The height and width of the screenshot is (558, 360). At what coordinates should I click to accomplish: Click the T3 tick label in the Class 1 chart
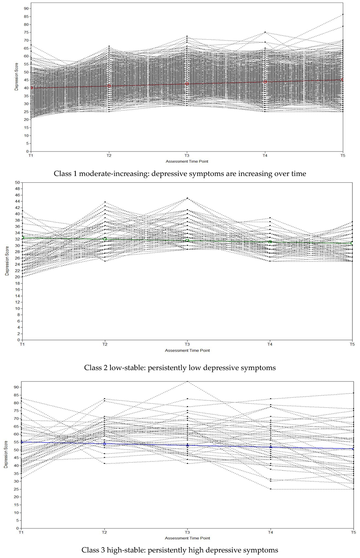tap(187, 156)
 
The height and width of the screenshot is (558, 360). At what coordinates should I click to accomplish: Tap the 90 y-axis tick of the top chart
tap(26, 8)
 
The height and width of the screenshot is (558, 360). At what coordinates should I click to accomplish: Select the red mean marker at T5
tap(342, 80)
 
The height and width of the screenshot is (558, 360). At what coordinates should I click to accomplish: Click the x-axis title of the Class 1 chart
tap(187, 161)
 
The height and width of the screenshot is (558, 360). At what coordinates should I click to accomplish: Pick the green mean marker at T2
tap(105, 239)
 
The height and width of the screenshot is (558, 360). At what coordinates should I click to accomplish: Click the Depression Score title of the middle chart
tap(7, 261)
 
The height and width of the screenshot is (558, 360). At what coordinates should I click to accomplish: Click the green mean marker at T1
tap(23, 238)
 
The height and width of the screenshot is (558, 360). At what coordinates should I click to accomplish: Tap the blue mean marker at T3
tap(187, 445)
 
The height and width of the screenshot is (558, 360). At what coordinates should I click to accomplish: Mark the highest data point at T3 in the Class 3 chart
tap(187, 381)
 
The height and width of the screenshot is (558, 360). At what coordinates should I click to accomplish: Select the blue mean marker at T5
tap(353, 449)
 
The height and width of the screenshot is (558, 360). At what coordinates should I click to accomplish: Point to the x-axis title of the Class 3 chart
tap(187, 538)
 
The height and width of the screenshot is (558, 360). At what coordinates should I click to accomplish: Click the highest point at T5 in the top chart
tap(343, 15)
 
